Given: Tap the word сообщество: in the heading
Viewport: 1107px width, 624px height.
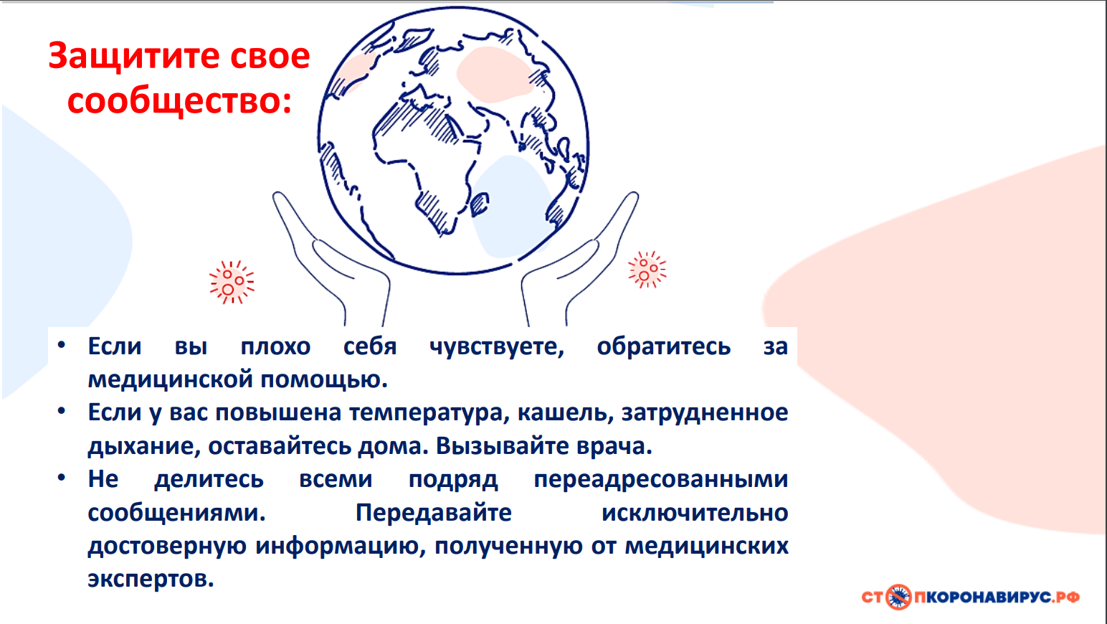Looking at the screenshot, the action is click(x=179, y=102).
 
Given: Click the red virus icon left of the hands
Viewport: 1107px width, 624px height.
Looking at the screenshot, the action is click(x=232, y=282).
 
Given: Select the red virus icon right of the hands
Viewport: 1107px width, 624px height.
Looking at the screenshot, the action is click(x=647, y=270).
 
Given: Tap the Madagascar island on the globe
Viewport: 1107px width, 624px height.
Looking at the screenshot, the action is click(x=479, y=204).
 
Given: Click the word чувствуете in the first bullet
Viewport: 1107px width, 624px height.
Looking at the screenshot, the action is click(x=497, y=346).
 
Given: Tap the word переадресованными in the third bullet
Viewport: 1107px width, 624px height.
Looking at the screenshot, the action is click(x=661, y=480).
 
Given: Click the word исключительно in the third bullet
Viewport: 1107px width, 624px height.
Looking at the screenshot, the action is click(x=695, y=513).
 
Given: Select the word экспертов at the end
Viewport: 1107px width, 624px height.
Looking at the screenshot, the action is click(x=151, y=580).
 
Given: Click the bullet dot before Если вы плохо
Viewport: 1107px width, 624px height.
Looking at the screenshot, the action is click(x=61, y=344).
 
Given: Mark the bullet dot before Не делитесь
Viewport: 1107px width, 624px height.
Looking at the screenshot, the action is click(x=61, y=478).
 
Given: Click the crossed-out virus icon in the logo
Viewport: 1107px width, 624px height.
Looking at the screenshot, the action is click(x=898, y=597).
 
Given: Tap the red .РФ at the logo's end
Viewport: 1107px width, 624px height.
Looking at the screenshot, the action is click(x=1065, y=597).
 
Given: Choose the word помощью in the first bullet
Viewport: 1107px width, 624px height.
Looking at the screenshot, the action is click(x=324, y=380).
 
